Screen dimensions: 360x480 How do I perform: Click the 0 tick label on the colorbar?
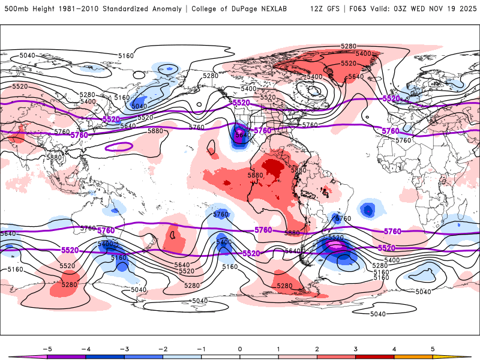click(240, 349)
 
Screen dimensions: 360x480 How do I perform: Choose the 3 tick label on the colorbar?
click(356, 349)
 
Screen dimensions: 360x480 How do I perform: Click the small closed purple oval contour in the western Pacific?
click(118, 146)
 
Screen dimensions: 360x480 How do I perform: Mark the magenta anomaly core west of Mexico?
click(240, 131)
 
